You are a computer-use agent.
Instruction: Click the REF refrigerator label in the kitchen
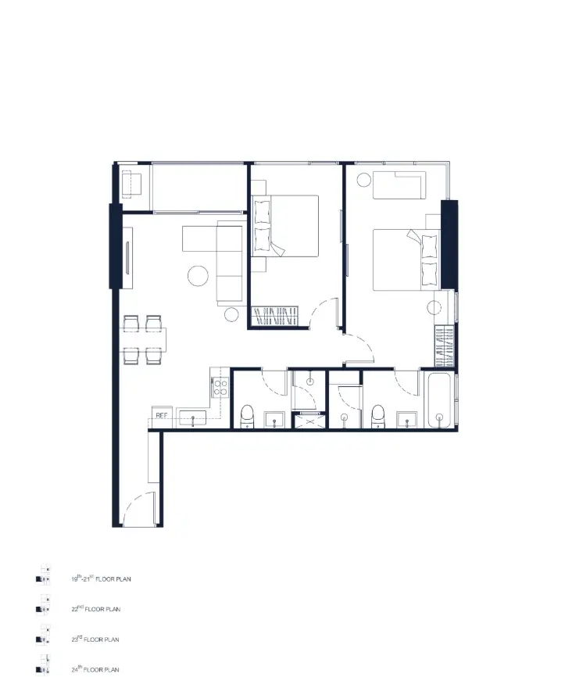coord(162,415)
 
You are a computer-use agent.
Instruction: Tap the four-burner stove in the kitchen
coord(220,387)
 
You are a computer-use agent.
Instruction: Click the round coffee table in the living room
coord(198,275)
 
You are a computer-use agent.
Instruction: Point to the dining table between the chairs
coord(143,339)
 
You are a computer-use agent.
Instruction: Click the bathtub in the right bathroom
coord(439,400)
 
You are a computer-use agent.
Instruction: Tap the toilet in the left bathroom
coord(247,416)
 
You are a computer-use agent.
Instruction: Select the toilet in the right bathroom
coord(378,416)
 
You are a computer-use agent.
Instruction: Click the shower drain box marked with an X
coord(309,421)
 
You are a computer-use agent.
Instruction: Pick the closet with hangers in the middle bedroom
coord(275,316)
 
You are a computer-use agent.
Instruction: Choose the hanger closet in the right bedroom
coord(445,347)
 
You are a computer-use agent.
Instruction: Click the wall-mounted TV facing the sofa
coord(127,258)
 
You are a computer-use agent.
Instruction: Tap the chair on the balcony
coord(131,184)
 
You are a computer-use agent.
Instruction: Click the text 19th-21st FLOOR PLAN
coord(101,578)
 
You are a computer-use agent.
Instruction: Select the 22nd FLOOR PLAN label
coord(96,609)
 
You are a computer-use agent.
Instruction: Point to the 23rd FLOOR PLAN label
coord(95,639)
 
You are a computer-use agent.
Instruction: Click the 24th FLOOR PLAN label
coord(95,669)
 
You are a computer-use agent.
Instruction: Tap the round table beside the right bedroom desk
coord(364,180)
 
